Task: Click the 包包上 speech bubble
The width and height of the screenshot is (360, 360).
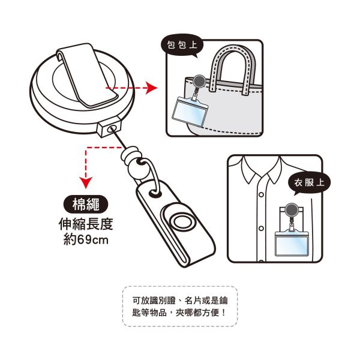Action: pyautogui.click(x=182, y=45)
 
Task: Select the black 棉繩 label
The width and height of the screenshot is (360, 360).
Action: pyautogui.click(x=85, y=204)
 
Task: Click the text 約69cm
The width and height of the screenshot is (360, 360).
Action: pyautogui.click(x=86, y=240)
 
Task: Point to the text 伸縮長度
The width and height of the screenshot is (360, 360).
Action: pyautogui.click(x=86, y=224)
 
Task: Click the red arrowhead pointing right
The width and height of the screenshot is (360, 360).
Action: pyautogui.click(x=152, y=88)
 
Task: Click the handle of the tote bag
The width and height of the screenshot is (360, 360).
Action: pyautogui.click(x=233, y=69)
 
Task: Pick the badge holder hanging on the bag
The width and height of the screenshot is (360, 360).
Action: pyautogui.click(x=190, y=110)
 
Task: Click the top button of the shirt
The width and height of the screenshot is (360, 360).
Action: pyautogui.click(x=261, y=195)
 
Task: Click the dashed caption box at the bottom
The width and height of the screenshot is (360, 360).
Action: pyautogui.click(x=180, y=306)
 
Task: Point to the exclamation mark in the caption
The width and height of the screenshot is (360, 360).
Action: pyautogui.click(x=224, y=313)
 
